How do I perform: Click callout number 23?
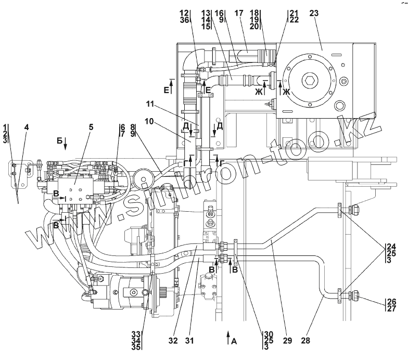314,13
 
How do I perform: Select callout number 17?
238,13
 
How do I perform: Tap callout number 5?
91,127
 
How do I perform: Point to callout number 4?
26,127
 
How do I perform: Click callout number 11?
150,104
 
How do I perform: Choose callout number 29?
287,340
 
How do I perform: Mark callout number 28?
306,340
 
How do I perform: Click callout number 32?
173,340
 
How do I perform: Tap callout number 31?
189,340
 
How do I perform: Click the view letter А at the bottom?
234,341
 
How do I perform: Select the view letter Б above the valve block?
59,140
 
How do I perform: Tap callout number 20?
254,27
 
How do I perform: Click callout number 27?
391,308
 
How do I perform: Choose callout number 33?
136,334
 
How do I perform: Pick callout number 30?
269,334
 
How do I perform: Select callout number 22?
294,20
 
